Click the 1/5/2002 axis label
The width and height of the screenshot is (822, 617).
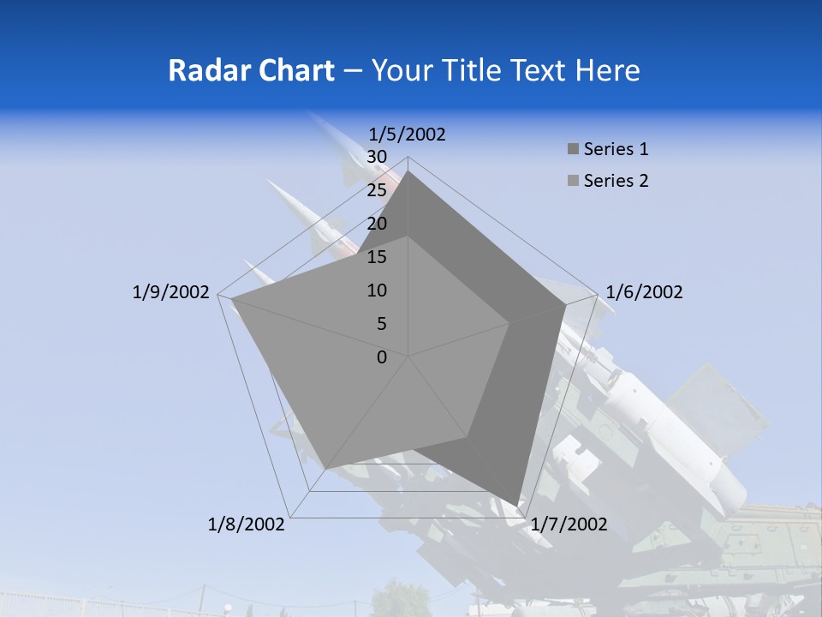point(408,135)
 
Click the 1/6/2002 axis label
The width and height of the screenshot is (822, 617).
point(644,292)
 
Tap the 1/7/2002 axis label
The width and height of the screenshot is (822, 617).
point(569,524)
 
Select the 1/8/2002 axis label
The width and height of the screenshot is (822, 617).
point(247,524)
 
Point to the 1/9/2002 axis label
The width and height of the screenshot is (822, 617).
point(171,292)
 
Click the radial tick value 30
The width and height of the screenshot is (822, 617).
point(377,157)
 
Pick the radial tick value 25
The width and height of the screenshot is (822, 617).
point(377,190)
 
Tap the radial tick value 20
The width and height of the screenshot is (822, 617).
point(377,224)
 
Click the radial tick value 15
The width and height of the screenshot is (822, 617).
point(377,257)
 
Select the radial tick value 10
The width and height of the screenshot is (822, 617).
point(377,291)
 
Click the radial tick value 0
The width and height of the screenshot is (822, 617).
point(382,357)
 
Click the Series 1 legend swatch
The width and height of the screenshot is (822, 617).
point(572,150)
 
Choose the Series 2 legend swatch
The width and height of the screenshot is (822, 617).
point(572,181)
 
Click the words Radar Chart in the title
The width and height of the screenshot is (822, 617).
point(251,70)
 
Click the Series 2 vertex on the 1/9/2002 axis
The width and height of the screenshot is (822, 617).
point(231,300)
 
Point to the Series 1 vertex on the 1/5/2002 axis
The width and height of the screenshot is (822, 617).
point(408,171)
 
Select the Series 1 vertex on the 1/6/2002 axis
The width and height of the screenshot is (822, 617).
point(566,305)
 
